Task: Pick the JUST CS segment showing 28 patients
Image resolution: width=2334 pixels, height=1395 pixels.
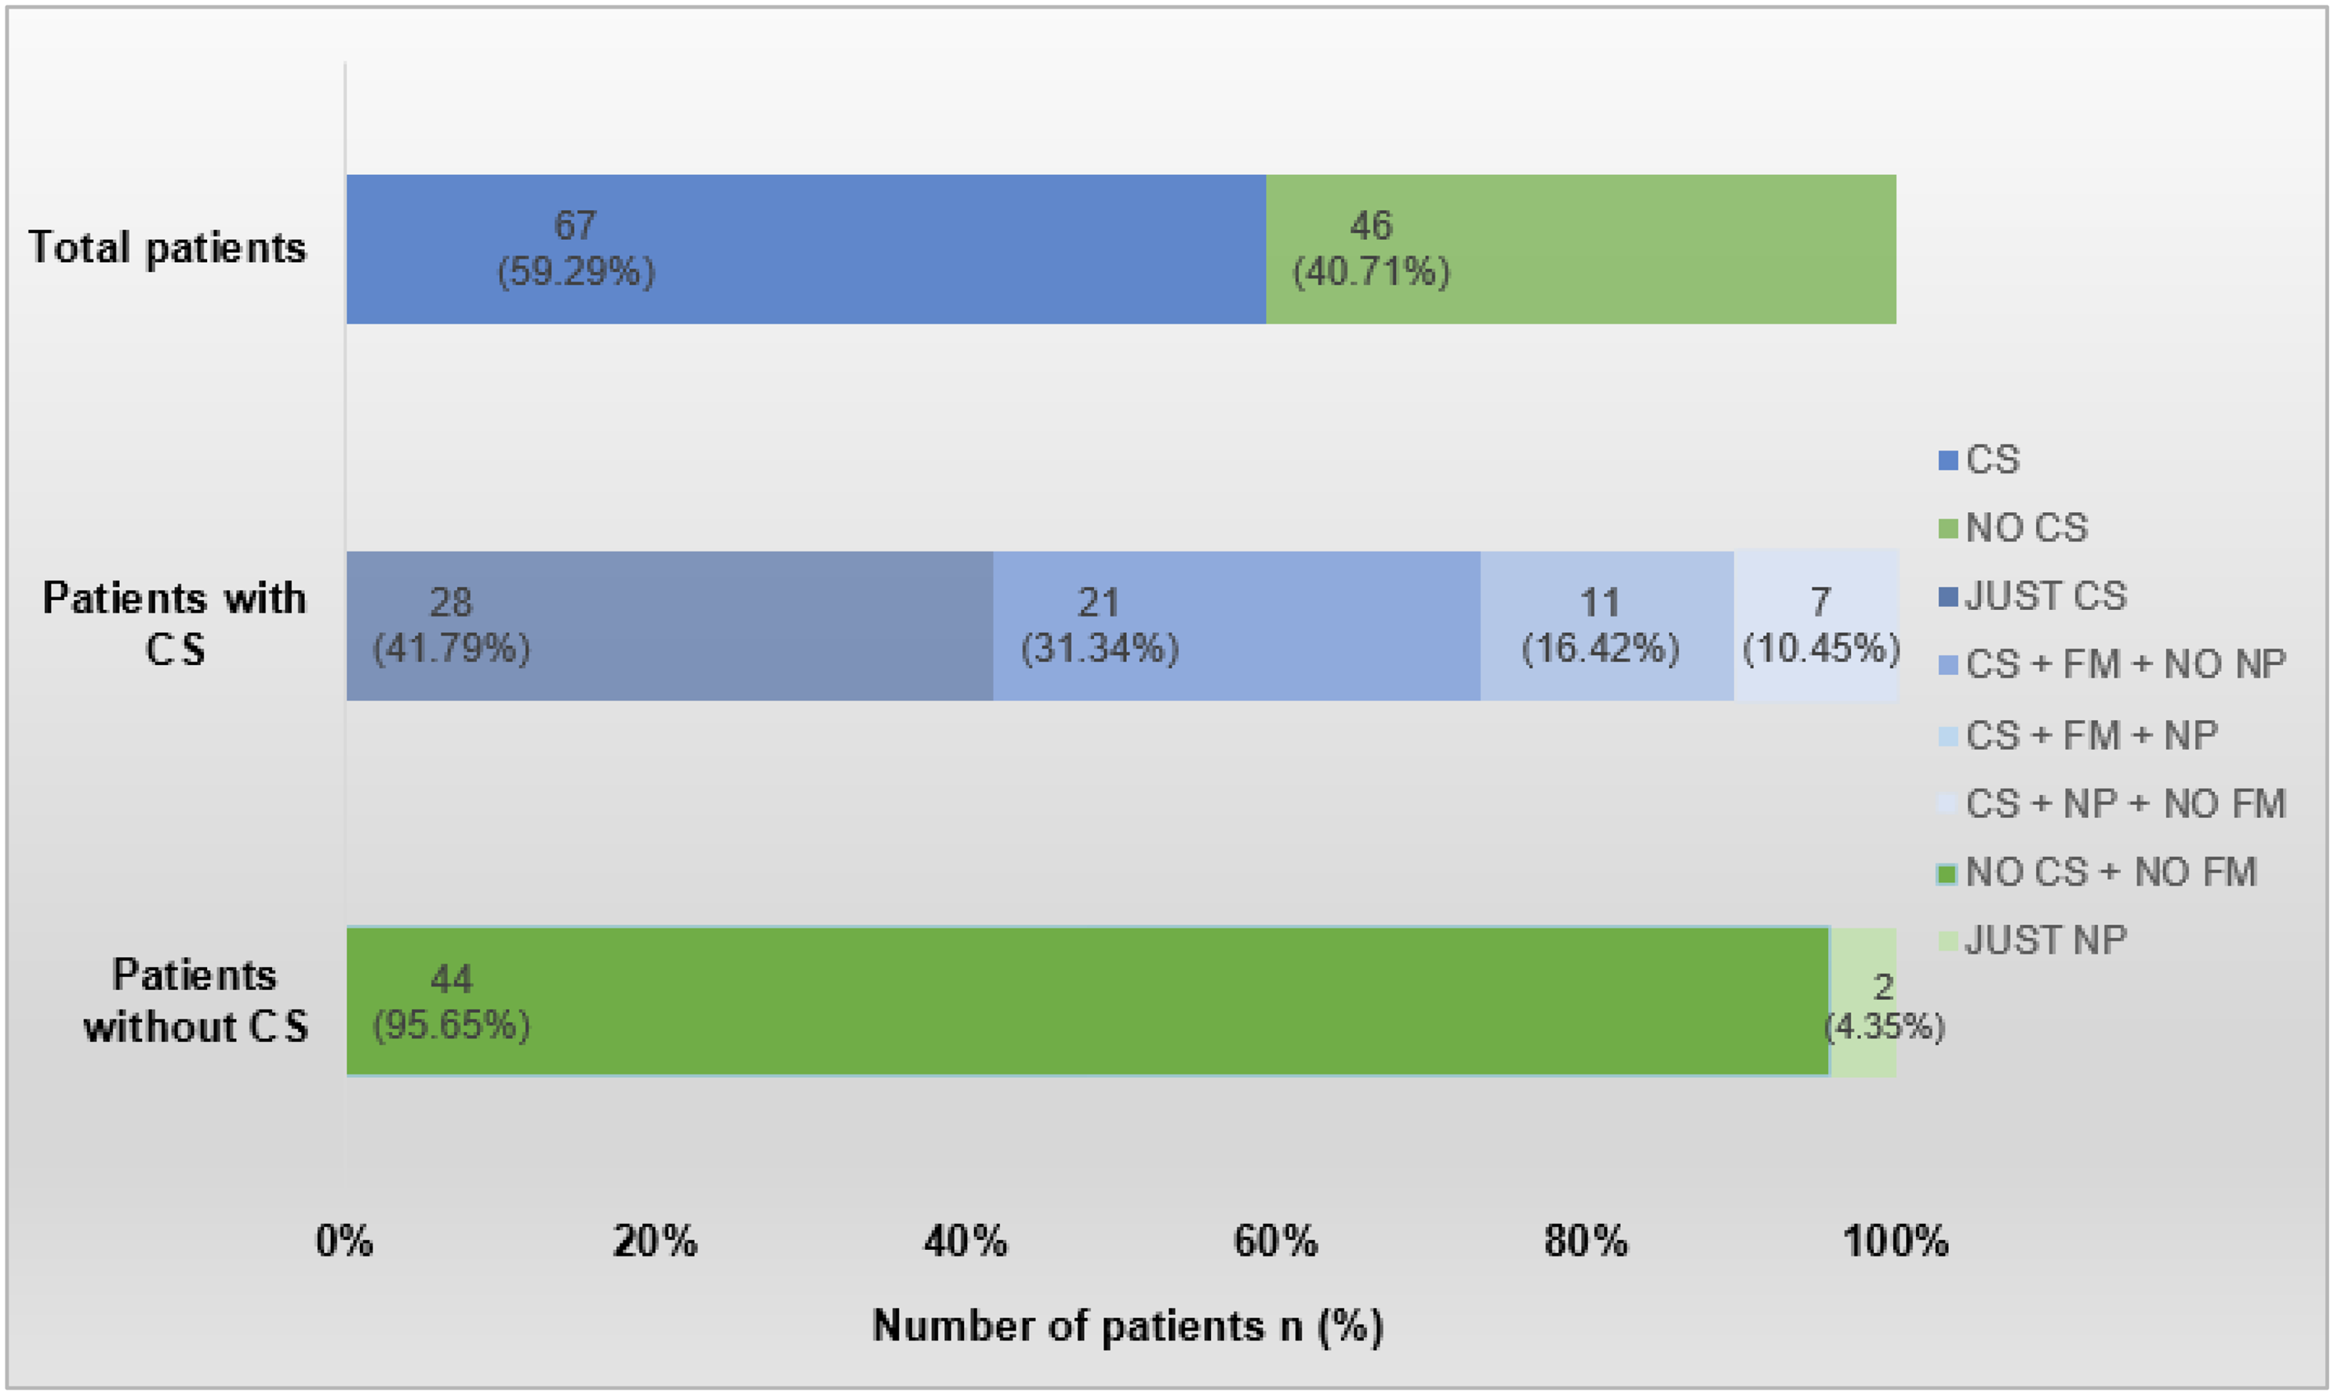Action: [668, 625]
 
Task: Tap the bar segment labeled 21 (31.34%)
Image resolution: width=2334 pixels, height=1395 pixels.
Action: [1236, 625]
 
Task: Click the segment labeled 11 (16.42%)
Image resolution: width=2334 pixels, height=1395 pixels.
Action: [1606, 625]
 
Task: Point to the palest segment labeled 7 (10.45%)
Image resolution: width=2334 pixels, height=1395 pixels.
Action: [1816, 625]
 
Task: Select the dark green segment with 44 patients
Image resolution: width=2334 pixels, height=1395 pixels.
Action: [1087, 1001]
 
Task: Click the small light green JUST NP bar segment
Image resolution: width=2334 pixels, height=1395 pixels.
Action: [1863, 1001]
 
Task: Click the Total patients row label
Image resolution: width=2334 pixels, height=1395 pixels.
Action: [167, 247]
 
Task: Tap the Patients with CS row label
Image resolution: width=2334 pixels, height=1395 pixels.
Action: [175, 623]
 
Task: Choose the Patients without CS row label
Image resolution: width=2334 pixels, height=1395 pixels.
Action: [194, 1001]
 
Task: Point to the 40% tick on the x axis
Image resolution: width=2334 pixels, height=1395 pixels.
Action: [965, 1242]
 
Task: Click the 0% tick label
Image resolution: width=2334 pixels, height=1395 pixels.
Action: [345, 1242]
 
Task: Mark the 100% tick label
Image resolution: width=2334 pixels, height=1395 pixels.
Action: [1896, 1242]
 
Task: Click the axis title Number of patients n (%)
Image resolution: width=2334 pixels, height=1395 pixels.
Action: [1127, 1325]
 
